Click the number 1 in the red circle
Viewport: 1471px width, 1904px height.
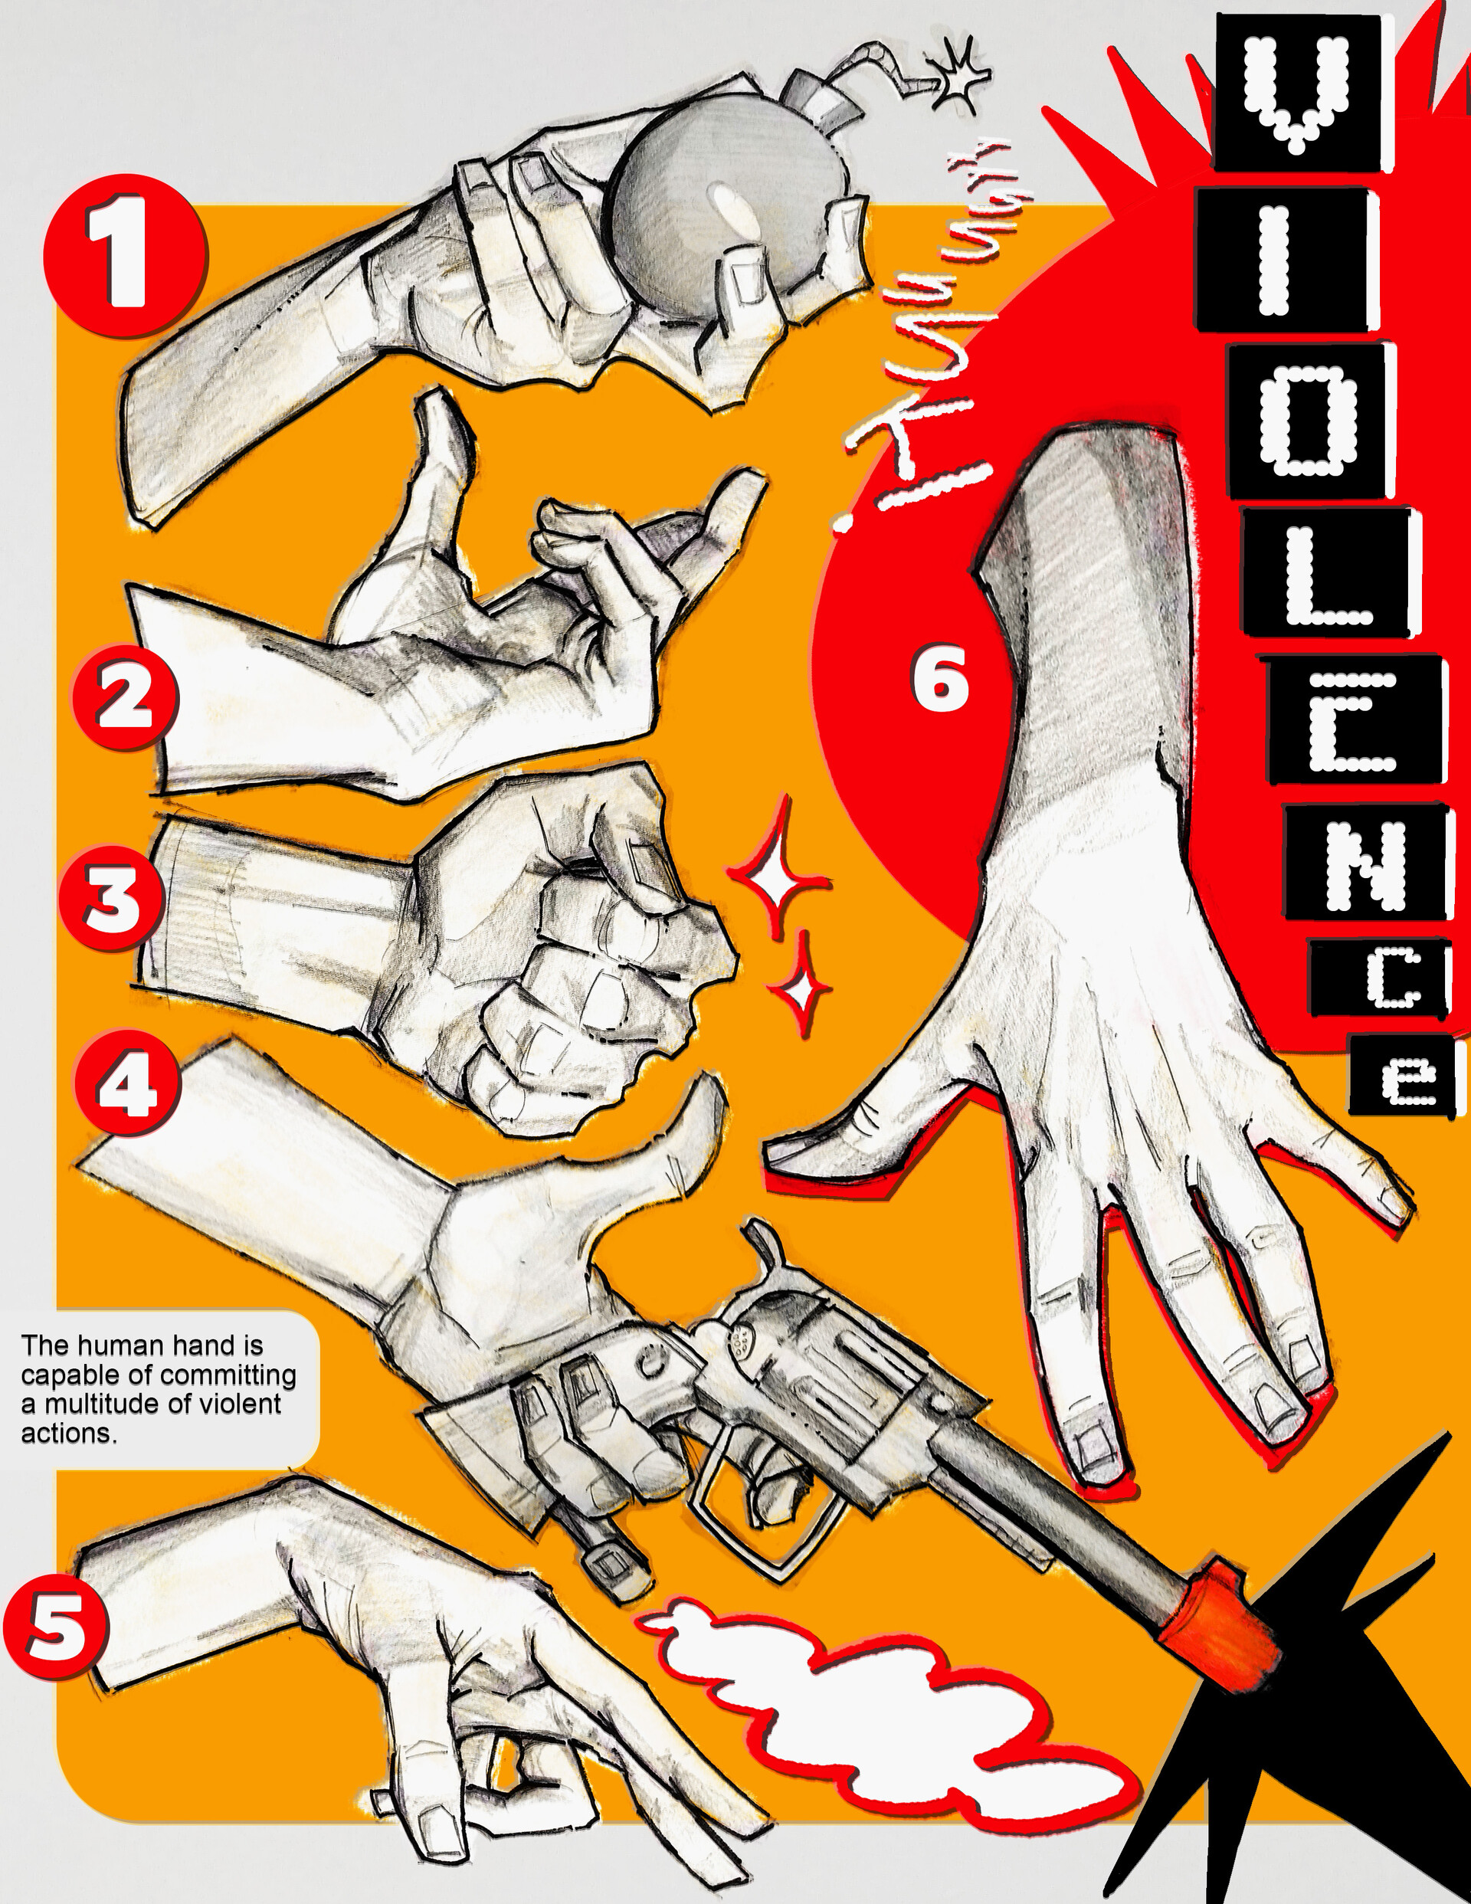click(126, 255)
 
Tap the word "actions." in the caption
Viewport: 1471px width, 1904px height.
click(69, 1694)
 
